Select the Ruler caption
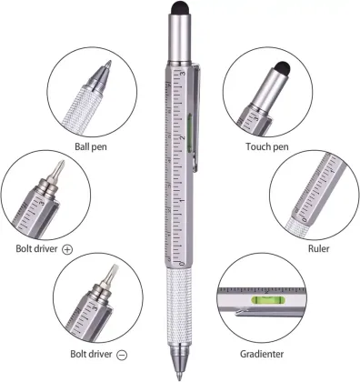coord(318,247)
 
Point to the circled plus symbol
coord(67,247)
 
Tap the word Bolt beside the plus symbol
coord(25,247)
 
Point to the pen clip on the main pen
coord(194,118)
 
